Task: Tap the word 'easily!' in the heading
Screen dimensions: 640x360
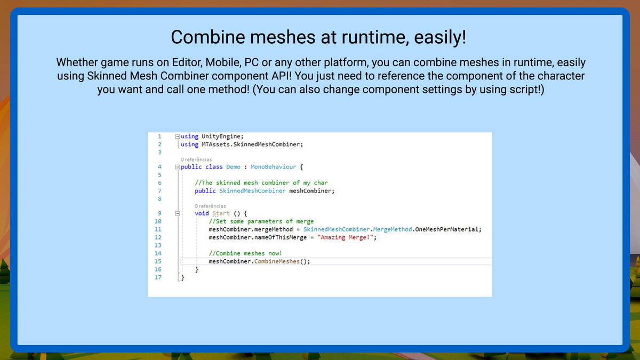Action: tap(440, 38)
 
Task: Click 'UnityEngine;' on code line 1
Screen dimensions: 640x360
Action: tap(222, 137)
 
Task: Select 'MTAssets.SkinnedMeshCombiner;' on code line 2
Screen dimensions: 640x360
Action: tap(252, 145)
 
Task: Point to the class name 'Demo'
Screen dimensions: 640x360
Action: tap(233, 167)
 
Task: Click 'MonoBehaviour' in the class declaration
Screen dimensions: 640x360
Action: tap(274, 167)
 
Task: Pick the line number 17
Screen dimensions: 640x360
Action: tap(158, 277)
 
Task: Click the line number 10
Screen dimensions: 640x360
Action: tap(158, 221)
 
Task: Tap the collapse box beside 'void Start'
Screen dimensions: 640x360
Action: tap(178, 213)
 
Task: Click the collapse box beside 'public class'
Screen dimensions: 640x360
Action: tap(178, 167)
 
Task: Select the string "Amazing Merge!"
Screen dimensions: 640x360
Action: tap(345, 237)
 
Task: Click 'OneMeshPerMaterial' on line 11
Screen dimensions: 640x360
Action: tap(446, 229)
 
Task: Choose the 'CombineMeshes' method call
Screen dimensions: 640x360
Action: tap(277, 261)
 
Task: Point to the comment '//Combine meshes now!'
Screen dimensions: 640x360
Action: tap(245, 253)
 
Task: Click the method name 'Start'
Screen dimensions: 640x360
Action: tap(221, 213)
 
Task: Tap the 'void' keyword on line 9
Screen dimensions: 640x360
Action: tap(202, 213)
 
